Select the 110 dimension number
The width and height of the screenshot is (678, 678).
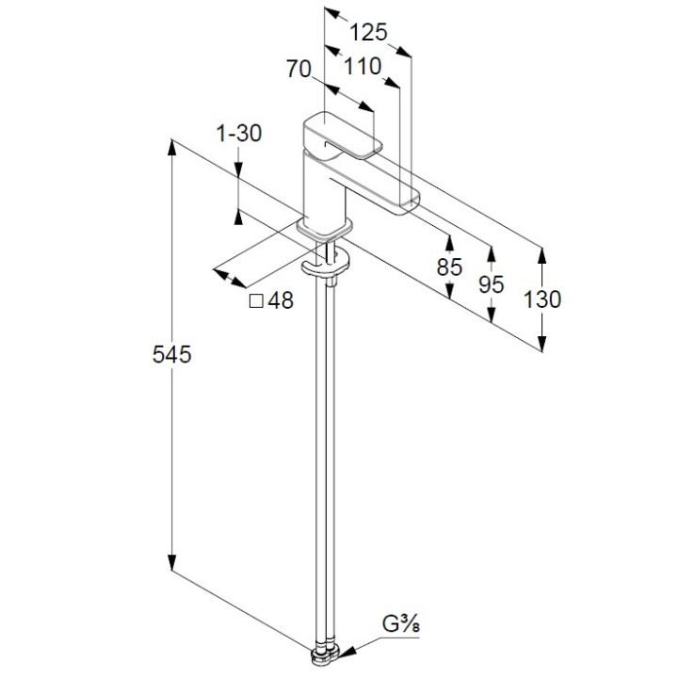pyautogui.click(x=363, y=67)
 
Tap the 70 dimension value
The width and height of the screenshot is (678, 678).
pyautogui.click(x=299, y=68)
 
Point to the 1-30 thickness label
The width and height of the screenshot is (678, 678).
pyautogui.click(x=238, y=135)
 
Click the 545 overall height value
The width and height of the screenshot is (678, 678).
pyautogui.click(x=173, y=355)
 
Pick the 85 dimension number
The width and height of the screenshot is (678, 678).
pyautogui.click(x=450, y=266)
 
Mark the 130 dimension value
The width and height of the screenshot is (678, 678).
pyautogui.click(x=542, y=299)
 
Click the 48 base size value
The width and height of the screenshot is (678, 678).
pyautogui.click(x=281, y=301)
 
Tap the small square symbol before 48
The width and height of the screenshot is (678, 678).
pyautogui.click(x=254, y=301)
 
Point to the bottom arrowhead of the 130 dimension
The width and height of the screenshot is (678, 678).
pyautogui.click(x=542, y=345)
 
